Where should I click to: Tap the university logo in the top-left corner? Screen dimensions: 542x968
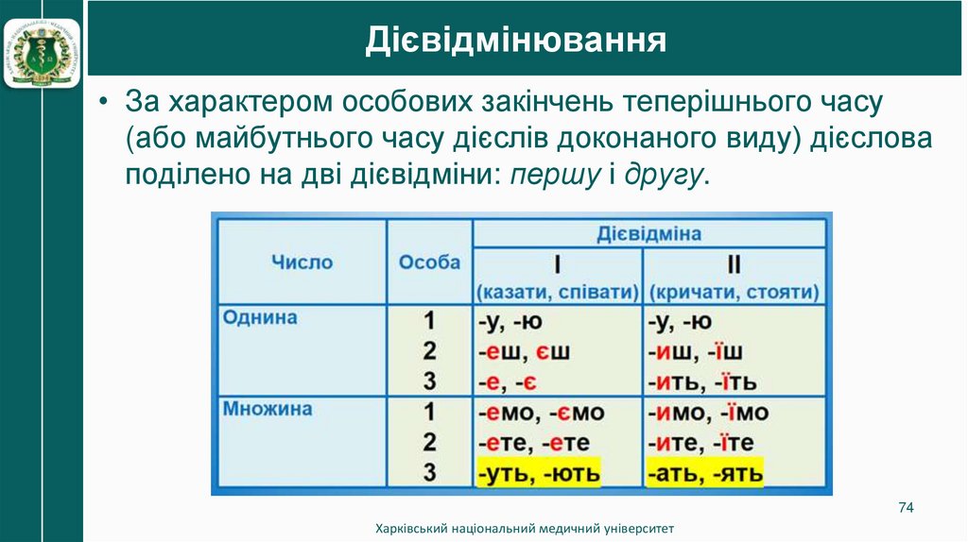click(42, 45)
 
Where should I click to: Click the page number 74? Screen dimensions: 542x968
click(905, 509)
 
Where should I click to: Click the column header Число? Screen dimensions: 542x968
click(302, 262)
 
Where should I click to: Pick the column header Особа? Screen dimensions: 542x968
click(429, 262)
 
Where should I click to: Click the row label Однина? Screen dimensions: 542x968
click(260, 317)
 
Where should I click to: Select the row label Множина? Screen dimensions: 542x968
click(268, 410)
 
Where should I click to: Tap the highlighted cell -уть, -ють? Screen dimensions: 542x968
click(538, 472)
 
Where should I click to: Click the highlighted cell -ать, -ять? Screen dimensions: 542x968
click(705, 472)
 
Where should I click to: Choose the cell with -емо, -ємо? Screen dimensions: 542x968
click(540, 413)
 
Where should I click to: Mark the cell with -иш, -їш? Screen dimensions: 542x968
click(695, 352)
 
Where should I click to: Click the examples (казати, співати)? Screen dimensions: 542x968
click(558, 292)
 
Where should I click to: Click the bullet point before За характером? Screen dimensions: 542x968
click(106, 101)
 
